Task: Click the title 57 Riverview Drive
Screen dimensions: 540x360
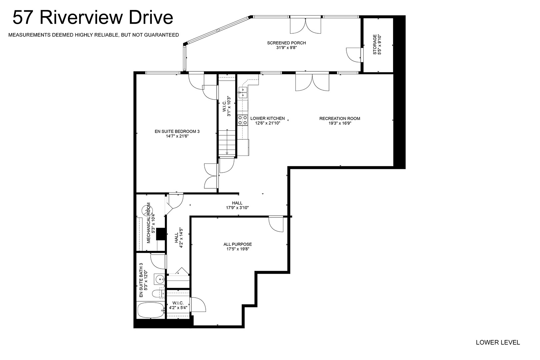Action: point(93,18)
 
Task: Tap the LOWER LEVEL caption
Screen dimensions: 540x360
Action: point(498,342)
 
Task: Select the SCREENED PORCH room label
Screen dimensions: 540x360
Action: point(286,43)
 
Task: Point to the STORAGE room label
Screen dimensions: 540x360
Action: point(375,44)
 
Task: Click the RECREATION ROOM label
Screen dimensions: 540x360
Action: point(340,118)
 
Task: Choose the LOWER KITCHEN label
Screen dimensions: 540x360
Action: point(268,118)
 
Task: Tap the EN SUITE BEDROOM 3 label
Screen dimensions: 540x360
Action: point(177,131)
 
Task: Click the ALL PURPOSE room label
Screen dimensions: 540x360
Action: point(238,244)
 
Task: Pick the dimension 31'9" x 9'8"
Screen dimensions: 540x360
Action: point(286,48)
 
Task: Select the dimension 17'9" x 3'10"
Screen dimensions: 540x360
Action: point(237,208)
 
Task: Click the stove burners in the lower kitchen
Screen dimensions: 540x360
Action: point(243,120)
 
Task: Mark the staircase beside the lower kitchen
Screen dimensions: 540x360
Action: point(227,143)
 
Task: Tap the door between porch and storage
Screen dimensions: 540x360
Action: point(354,55)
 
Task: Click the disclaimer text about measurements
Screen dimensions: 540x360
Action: point(94,35)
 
